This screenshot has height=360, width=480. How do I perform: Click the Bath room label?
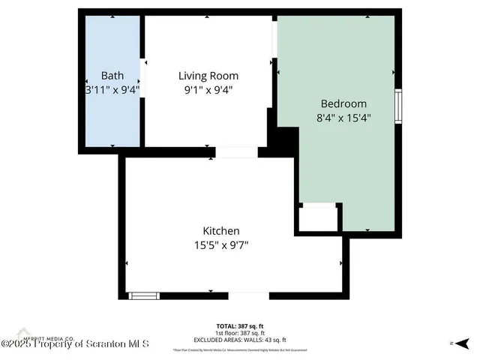(112, 76)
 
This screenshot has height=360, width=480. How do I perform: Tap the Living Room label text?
(208, 76)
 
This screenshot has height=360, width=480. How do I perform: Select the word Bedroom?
(343, 103)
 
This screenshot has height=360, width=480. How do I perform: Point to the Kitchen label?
(221, 230)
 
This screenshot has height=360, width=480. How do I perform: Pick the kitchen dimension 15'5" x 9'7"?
(221, 244)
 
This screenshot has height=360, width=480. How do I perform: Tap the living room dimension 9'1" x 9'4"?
(208, 89)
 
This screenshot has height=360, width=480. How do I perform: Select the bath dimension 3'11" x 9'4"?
(112, 89)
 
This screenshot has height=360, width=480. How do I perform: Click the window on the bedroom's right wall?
(400, 106)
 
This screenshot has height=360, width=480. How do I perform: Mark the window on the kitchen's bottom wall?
(145, 295)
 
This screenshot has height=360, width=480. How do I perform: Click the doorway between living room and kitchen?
(236, 152)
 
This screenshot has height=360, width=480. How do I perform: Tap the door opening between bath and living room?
(142, 75)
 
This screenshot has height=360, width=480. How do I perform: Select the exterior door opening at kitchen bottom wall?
(248, 295)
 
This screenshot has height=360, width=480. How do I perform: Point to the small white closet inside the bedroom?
(318, 218)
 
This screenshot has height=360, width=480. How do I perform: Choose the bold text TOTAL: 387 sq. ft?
(240, 325)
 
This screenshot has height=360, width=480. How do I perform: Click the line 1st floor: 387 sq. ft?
(240, 333)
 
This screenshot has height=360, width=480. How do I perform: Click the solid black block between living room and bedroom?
(283, 139)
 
